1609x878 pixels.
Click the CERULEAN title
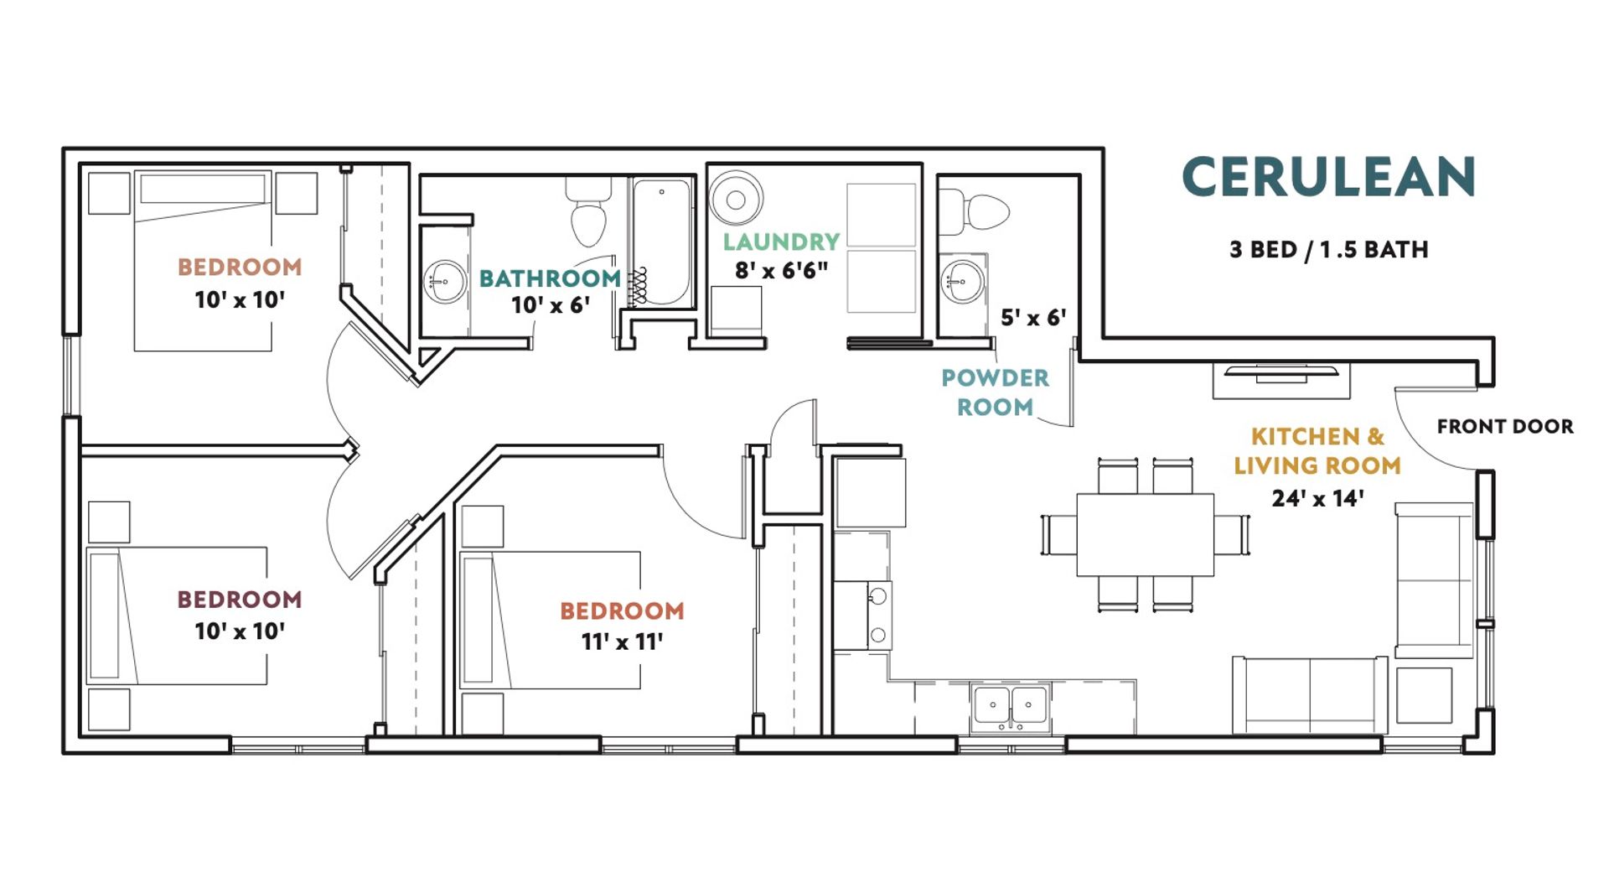pos(1328,177)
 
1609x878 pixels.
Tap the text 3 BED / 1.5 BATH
pos(1328,250)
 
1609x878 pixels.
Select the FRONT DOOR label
pos(1505,426)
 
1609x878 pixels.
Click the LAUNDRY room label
pos(781,242)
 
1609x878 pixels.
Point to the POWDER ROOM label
pos(995,392)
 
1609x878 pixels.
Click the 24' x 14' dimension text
pos(1317,498)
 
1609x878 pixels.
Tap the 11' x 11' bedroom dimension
pos(622,642)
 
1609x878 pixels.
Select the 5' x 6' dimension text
pos(1033,318)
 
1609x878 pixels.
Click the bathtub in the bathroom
pos(661,242)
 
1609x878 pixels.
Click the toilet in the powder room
pos(974,211)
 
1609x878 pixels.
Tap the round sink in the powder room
pos(962,280)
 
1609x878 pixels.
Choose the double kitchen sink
pos(1011,706)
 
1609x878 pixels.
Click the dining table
pos(1145,534)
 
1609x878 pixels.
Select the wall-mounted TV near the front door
pos(1282,373)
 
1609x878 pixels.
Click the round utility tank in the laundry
pos(736,199)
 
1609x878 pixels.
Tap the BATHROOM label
pos(550,278)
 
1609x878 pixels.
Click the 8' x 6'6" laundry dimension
pos(781,270)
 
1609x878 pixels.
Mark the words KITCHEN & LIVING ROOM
pos(1317,451)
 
